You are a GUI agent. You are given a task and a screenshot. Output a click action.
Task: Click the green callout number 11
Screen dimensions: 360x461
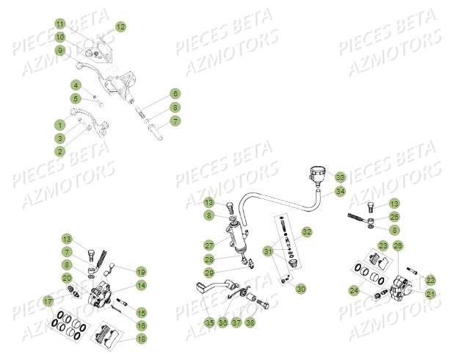pos(60,24)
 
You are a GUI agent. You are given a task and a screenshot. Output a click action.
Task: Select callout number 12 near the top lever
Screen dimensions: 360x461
pos(120,26)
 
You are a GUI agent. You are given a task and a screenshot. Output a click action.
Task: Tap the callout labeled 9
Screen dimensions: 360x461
pos(60,50)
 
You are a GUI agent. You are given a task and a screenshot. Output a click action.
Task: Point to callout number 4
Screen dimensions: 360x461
pos(76,85)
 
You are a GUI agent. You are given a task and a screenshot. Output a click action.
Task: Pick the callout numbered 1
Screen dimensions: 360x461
pos(60,125)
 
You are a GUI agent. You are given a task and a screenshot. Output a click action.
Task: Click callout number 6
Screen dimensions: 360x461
pos(175,94)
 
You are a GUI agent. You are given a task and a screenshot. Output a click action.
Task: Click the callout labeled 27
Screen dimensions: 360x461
pos(209,245)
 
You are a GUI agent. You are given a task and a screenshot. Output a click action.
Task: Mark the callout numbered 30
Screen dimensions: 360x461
pos(301,289)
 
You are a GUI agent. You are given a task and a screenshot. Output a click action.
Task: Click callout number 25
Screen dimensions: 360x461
pos(395,217)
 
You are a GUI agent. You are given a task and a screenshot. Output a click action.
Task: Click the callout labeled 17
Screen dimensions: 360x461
pos(48,301)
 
